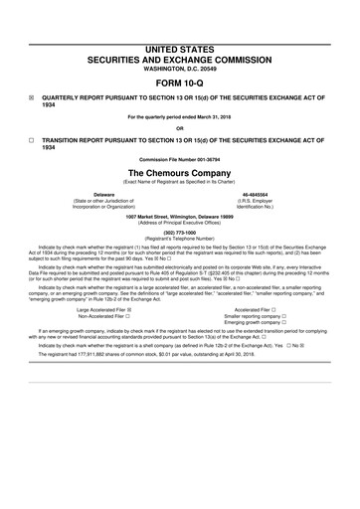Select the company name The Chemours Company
(x=179, y=173)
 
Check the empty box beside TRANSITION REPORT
(x=31, y=141)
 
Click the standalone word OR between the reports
(x=179, y=126)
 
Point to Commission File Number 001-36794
(x=179, y=160)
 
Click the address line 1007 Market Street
(x=179, y=217)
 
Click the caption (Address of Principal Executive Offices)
(x=179, y=224)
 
